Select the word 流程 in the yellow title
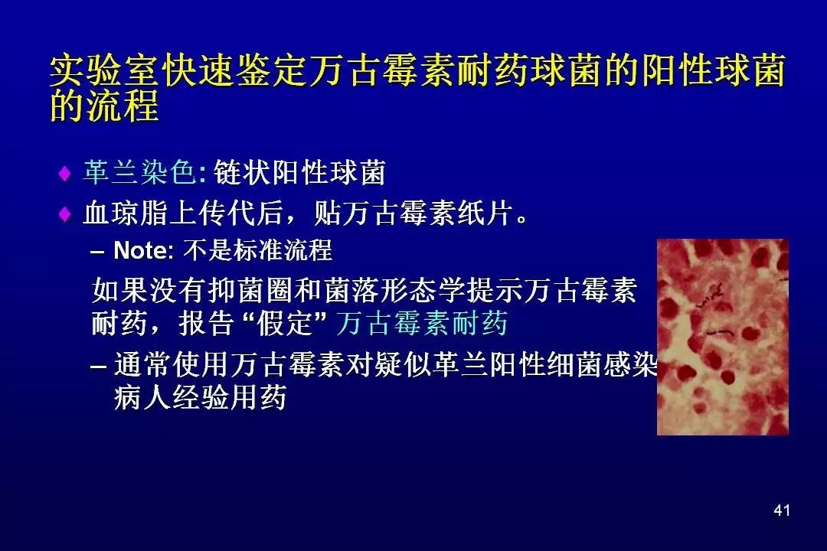tap(123, 106)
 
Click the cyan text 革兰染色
tap(140, 172)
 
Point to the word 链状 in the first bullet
tap(241, 172)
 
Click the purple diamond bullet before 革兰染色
tap(65, 173)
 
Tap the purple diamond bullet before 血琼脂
tap(65, 214)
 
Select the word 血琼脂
tap(126, 214)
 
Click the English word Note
tap(141, 250)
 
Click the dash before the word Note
tap(97, 252)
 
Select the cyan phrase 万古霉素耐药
tap(421, 323)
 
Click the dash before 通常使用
tap(98, 366)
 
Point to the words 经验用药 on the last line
tap(230, 398)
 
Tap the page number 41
tap(782, 510)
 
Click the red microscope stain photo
tap(723, 337)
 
